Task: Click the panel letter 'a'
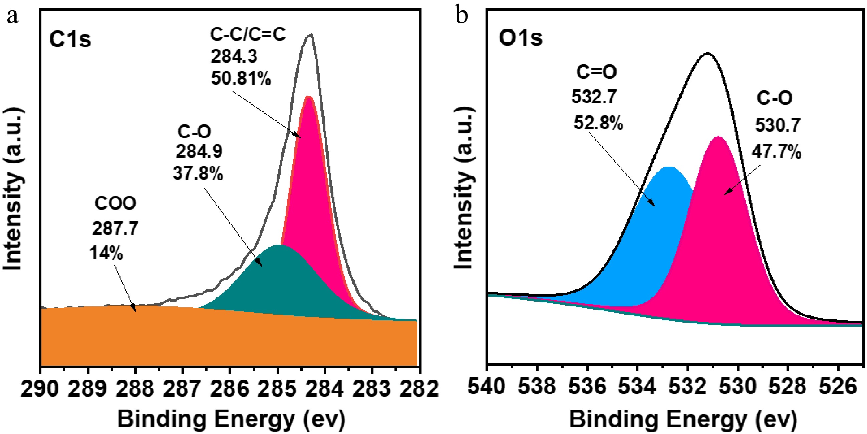point(12,16)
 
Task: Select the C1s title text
point(70,39)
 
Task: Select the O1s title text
point(520,38)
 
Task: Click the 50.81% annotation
point(241,79)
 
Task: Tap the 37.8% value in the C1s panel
point(198,174)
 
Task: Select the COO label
point(115,203)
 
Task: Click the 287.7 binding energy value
point(115,229)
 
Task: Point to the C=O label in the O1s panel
point(596,72)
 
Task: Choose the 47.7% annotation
point(777,152)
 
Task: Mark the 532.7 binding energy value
point(594,97)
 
